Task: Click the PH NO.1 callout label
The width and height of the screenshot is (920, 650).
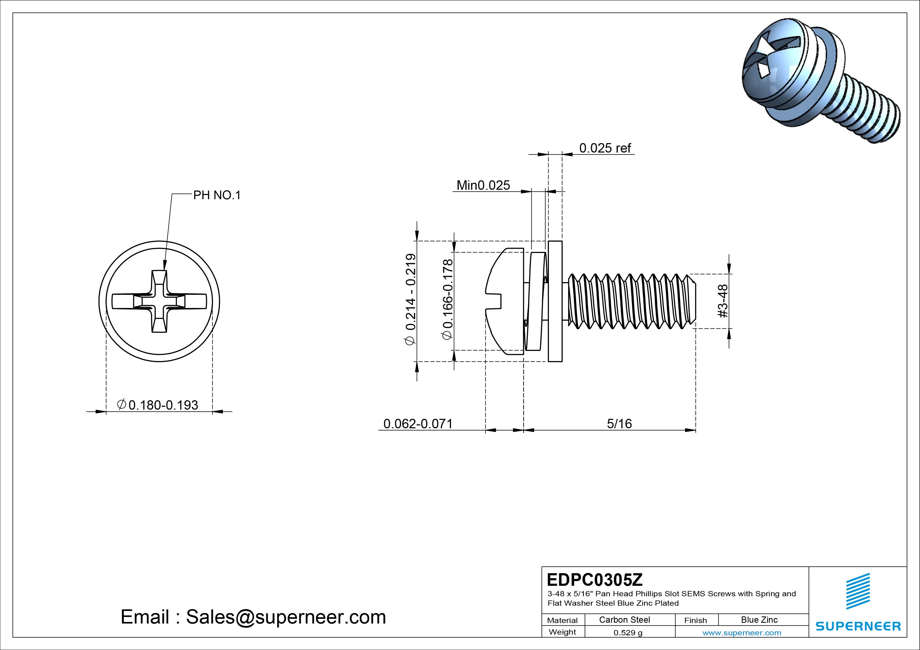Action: tap(217, 196)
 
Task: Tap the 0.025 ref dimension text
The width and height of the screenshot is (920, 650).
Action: tap(605, 148)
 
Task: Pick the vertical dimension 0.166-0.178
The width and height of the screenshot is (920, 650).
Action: tap(448, 300)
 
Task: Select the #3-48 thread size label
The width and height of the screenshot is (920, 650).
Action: tap(723, 301)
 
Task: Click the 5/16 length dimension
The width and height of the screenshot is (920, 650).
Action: tap(619, 424)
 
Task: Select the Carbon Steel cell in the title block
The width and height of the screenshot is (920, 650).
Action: tap(624, 620)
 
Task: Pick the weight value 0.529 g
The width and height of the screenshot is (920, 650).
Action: tap(628, 633)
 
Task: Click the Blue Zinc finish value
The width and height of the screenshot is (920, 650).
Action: tap(759, 620)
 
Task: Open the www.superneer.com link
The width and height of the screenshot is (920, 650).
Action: tap(742, 633)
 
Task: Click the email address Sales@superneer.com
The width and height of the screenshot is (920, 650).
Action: tap(286, 617)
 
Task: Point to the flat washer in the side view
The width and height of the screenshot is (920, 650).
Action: tap(555, 301)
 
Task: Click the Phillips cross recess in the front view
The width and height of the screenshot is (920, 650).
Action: tap(159, 301)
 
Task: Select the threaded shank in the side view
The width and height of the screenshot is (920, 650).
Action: tap(631, 301)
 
